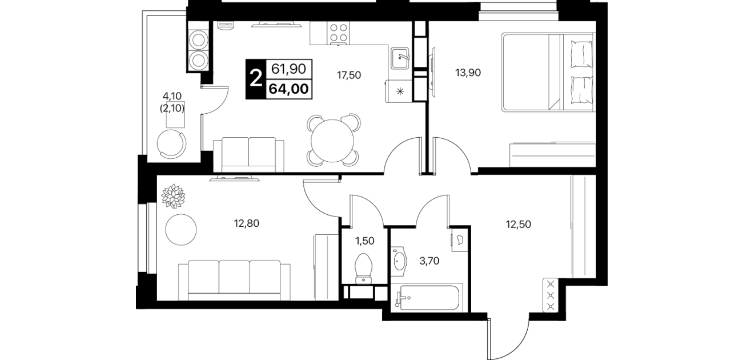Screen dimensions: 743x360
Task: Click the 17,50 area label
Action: click(349, 75)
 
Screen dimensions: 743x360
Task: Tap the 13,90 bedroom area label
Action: click(468, 73)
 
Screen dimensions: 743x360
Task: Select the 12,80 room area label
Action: click(247, 223)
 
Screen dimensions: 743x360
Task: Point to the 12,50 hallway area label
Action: click(519, 225)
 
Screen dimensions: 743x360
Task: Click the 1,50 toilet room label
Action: click(365, 241)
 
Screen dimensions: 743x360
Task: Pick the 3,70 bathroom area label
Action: click(429, 262)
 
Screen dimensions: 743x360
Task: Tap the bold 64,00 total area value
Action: click(288, 89)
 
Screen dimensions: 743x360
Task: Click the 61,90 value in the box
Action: click(288, 69)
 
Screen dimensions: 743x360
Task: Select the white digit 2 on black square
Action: click(256, 79)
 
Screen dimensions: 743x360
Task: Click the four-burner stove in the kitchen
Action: click(338, 33)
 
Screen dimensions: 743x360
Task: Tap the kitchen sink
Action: click(400, 58)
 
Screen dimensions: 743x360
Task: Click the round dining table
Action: click(332, 141)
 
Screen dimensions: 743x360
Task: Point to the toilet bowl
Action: click(364, 269)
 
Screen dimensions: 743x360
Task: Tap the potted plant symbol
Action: click(173, 197)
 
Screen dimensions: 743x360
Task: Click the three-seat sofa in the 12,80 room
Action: click(234, 281)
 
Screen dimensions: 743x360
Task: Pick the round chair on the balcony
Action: click(171, 144)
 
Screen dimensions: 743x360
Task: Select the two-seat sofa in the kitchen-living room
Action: click(248, 155)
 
